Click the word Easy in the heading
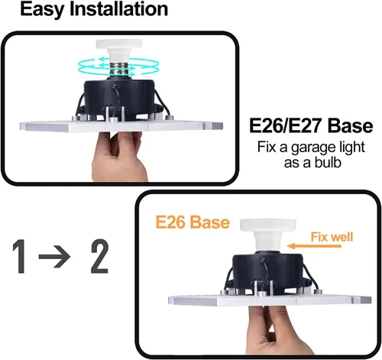(42, 9)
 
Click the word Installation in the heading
(118, 8)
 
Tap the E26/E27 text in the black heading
(286, 126)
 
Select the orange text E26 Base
(193, 222)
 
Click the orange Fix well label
(332, 237)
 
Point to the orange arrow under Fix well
(314, 246)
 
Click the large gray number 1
(20, 256)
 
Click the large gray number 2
(100, 256)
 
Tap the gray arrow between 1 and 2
(54, 257)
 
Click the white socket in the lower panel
(267, 235)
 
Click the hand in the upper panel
(118, 157)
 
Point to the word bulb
(328, 162)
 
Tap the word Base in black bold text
(351, 126)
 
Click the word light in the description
(353, 148)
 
